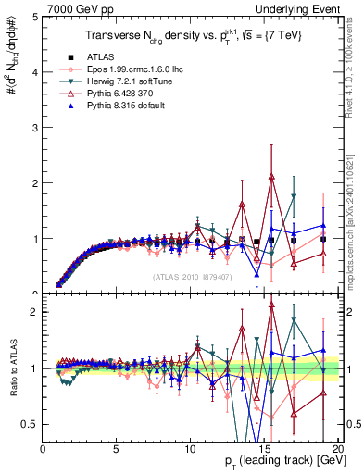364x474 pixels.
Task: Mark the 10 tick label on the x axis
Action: point(190,450)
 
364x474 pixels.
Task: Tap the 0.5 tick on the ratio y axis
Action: point(31,424)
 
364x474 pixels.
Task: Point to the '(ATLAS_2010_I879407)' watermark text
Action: point(192,276)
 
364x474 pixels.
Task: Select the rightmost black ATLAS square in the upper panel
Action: point(322,239)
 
